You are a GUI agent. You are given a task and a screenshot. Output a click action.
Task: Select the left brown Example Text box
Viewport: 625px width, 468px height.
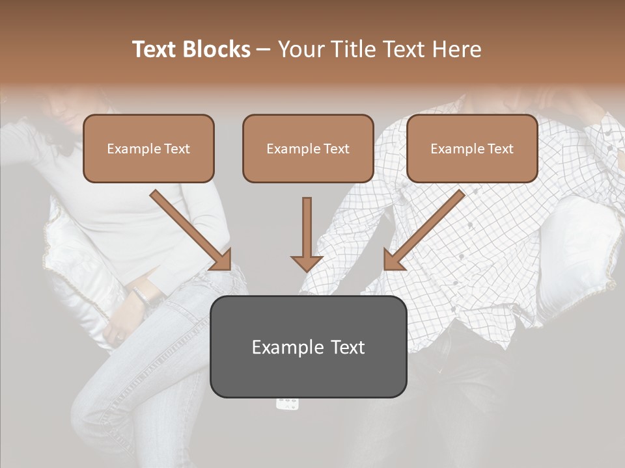(148, 148)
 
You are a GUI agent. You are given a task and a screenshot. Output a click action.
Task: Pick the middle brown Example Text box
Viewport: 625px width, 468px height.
(308, 148)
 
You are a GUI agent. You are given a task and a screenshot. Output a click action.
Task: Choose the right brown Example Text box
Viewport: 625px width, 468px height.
(472, 148)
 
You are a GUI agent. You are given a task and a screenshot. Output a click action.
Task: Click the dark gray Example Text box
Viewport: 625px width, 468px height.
(308, 346)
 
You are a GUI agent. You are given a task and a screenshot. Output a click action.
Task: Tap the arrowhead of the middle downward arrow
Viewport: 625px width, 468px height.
(307, 263)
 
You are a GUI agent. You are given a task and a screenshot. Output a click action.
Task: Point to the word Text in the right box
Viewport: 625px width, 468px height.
(500, 149)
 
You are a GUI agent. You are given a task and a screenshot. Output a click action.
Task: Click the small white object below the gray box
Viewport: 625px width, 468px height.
(288, 404)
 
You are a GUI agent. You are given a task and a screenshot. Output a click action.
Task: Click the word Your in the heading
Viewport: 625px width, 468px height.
(301, 49)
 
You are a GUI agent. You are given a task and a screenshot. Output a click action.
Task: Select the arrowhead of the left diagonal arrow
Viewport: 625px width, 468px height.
(221, 260)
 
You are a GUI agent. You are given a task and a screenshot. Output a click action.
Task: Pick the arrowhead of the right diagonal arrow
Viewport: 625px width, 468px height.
(393, 260)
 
